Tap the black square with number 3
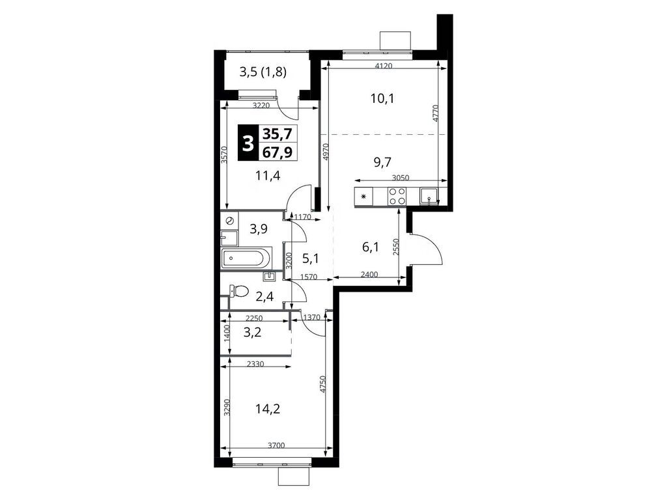(x=247, y=143)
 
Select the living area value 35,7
(x=277, y=134)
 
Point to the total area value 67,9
(x=277, y=152)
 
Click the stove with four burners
(x=397, y=196)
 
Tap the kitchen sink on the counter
(x=429, y=196)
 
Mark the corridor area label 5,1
(x=310, y=258)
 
